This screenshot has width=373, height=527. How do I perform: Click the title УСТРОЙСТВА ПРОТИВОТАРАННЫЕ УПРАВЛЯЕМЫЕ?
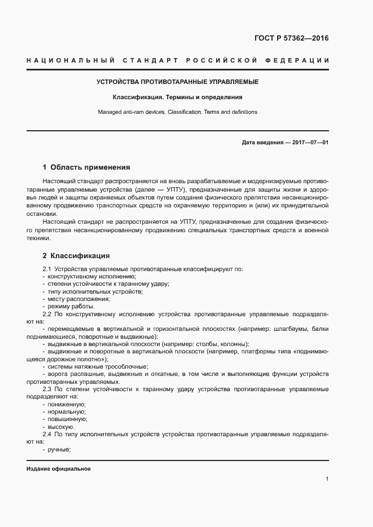[x=177, y=82]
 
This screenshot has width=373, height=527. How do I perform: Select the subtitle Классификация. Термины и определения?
[x=177, y=97]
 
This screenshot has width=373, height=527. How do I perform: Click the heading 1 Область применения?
[x=86, y=167]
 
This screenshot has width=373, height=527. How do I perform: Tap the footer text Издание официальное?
[x=59, y=469]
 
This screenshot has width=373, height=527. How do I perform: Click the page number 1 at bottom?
[x=327, y=479]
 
